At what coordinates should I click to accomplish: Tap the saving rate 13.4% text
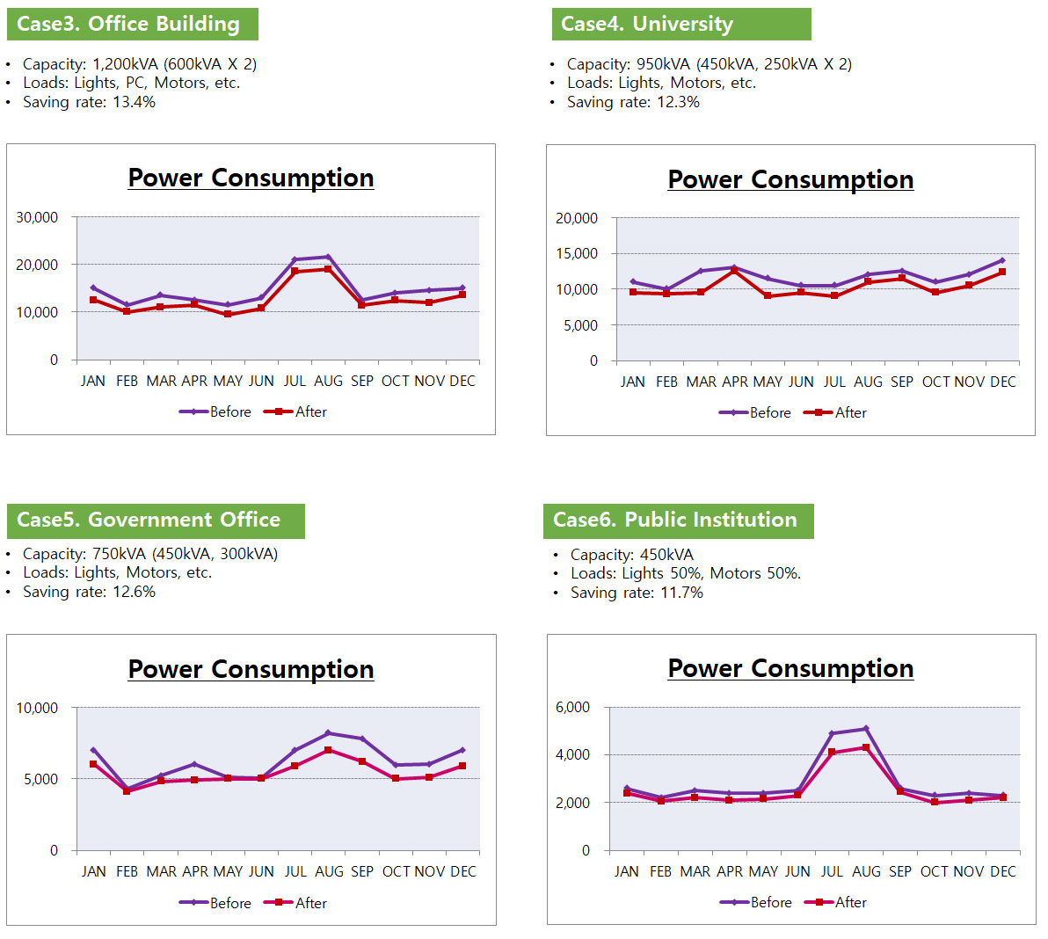pos(89,102)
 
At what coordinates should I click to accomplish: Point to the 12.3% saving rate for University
pos(633,102)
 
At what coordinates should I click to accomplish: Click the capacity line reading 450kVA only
pos(631,555)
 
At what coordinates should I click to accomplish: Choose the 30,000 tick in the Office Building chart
pos(37,217)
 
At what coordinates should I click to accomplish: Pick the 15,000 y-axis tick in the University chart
pos(577,254)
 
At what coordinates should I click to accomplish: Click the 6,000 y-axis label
pos(572,707)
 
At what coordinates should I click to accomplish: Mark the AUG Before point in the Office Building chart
pos(328,257)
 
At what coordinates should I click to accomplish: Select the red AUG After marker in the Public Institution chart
pos(866,747)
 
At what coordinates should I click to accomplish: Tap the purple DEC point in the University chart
pos(1002,260)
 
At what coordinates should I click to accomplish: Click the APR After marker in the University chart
pos(734,271)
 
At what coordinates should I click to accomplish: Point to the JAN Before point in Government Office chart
pos(93,750)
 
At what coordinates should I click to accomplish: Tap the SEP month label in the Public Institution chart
pos(900,871)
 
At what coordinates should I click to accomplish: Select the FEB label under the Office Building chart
pos(127,381)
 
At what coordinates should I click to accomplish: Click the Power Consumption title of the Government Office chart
pos(251,669)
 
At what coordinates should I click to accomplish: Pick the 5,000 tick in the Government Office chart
pos(41,779)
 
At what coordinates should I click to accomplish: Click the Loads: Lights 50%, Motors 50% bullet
pos(685,573)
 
